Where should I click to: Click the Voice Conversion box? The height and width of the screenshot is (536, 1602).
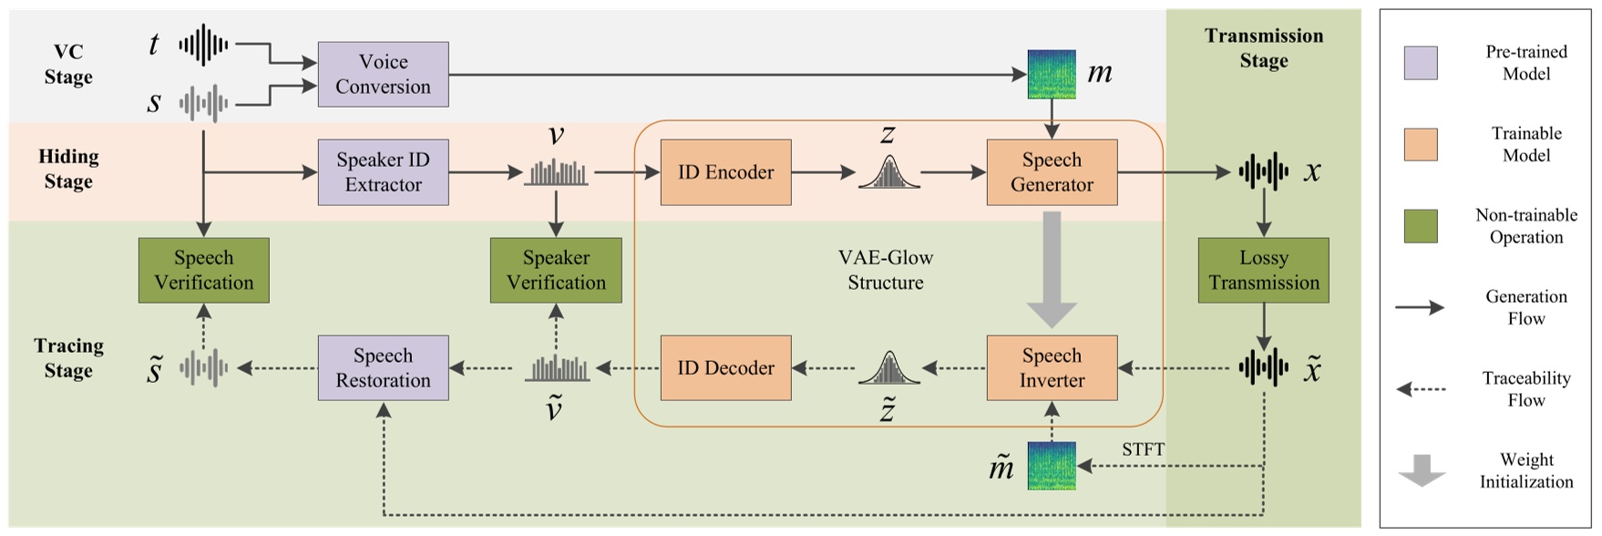point(383,74)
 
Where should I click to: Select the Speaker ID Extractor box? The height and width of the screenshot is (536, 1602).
point(383,171)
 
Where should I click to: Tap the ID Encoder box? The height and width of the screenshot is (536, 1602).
point(725,171)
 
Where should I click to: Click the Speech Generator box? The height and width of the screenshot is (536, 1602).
point(1052,171)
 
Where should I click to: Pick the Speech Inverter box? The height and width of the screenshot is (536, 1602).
point(1052,367)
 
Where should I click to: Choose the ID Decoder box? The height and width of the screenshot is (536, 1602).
point(725,367)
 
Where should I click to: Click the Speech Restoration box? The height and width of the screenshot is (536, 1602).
point(383,367)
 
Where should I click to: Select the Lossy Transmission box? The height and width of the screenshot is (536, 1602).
point(1263,270)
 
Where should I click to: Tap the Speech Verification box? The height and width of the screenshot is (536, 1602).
point(203,270)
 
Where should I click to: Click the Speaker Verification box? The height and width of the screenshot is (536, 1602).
point(556,270)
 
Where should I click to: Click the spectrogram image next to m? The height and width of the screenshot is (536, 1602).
point(1052,74)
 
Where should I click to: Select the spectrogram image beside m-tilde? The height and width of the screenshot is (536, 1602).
point(1052,466)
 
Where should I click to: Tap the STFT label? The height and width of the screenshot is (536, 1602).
point(1143,449)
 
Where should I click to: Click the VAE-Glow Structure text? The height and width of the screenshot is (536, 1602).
point(886,270)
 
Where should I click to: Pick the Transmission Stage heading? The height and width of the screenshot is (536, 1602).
point(1263,48)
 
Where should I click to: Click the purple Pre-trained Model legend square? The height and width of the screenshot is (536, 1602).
point(1421,63)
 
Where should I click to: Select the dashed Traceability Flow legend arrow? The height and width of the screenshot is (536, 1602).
point(1421,389)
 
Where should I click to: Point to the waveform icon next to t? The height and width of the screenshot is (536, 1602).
point(203,44)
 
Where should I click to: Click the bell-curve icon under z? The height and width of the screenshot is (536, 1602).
point(888,172)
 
